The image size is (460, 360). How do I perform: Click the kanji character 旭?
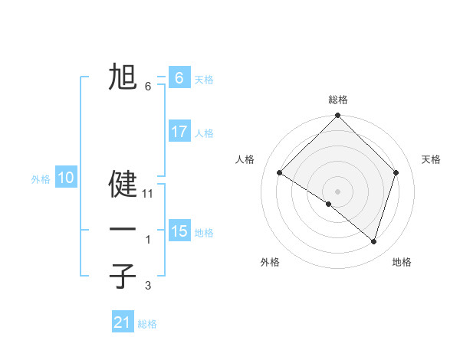[x=123, y=77]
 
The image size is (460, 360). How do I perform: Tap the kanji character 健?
[x=123, y=185]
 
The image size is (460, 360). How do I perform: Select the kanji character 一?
[x=123, y=229]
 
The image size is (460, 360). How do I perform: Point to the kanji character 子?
[x=123, y=276]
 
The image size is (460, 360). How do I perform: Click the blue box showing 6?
[x=179, y=77]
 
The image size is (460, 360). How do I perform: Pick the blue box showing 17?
[x=179, y=132]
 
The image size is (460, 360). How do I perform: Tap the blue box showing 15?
[x=179, y=231]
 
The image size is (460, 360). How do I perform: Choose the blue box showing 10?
[x=66, y=178]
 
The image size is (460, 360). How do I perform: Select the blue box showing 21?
[x=123, y=322]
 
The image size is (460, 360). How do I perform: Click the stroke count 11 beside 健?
[x=148, y=194]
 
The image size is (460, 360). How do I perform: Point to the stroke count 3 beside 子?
[x=148, y=286]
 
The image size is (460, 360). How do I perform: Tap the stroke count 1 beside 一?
[x=148, y=240]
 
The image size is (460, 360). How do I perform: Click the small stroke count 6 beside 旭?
[x=148, y=87]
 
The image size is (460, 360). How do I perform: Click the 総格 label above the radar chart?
[x=338, y=100]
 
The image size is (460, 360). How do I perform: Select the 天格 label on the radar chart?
[x=431, y=159]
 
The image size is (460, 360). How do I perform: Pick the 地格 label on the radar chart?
[x=402, y=262]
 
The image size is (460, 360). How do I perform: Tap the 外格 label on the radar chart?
[x=270, y=262]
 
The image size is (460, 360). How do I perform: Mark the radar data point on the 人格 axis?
[x=280, y=173]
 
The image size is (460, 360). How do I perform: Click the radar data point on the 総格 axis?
[x=338, y=116]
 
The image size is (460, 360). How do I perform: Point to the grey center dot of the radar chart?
[x=338, y=191]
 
